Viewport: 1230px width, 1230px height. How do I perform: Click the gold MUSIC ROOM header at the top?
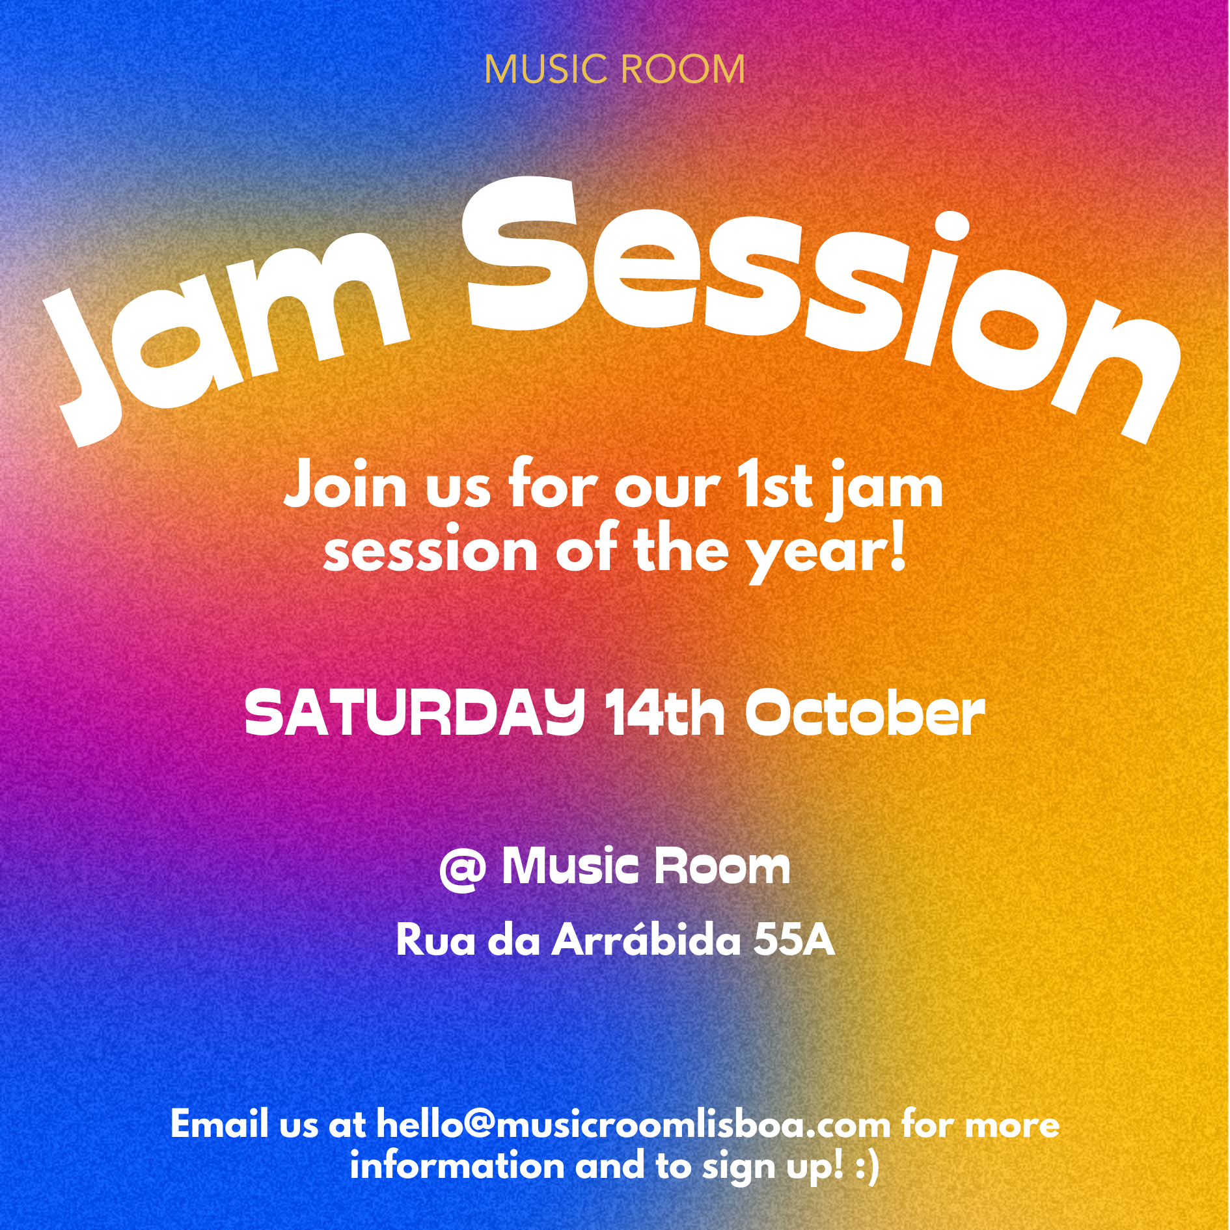point(614,70)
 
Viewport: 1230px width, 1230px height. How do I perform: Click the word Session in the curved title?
point(820,306)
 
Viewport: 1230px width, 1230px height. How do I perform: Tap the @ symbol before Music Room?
point(463,870)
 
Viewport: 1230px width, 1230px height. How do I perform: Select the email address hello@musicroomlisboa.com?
point(633,1125)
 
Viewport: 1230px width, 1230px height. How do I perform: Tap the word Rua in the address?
point(435,940)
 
